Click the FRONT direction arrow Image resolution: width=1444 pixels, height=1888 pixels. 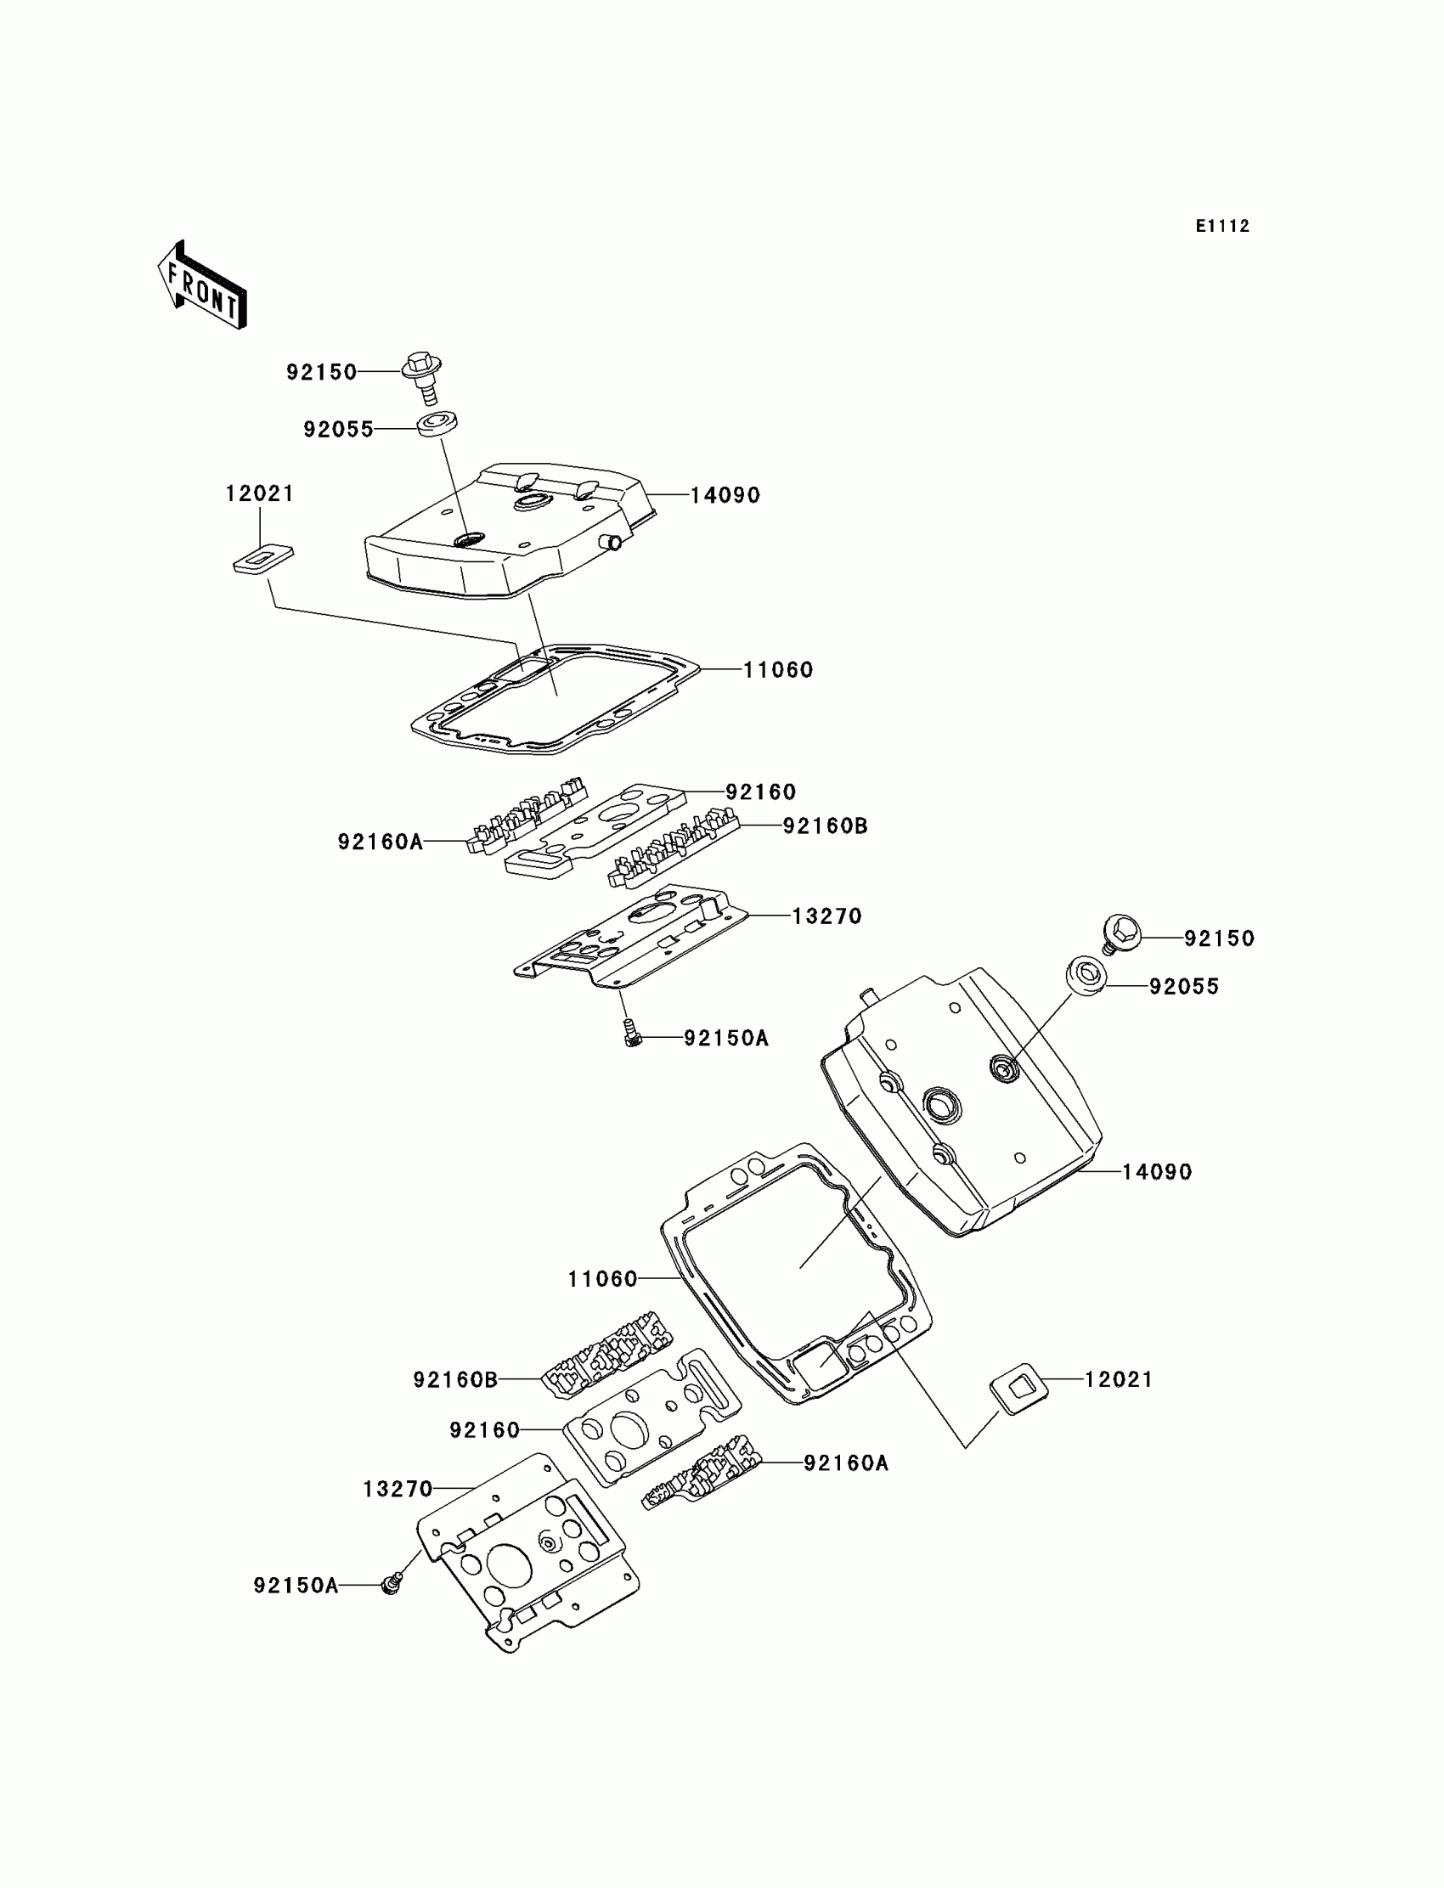click(x=203, y=285)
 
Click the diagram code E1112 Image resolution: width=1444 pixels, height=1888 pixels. click(x=1221, y=226)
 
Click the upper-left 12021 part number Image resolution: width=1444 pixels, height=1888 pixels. click(x=260, y=493)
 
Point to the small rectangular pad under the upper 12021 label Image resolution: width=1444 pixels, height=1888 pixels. click(x=263, y=559)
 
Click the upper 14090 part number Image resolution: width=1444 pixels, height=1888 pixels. click(x=725, y=495)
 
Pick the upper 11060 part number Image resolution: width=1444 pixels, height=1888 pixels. click(x=778, y=669)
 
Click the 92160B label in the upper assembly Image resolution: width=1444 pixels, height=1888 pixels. click(x=824, y=826)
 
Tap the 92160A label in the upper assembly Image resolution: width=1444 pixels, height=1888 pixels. click(x=380, y=843)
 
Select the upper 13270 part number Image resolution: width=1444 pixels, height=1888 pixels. click(x=826, y=916)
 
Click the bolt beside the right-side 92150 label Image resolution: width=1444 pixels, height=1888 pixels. click(x=1120, y=933)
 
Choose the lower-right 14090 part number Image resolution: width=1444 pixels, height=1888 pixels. click(x=1156, y=1172)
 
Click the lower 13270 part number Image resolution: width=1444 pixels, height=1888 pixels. click(x=398, y=1488)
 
